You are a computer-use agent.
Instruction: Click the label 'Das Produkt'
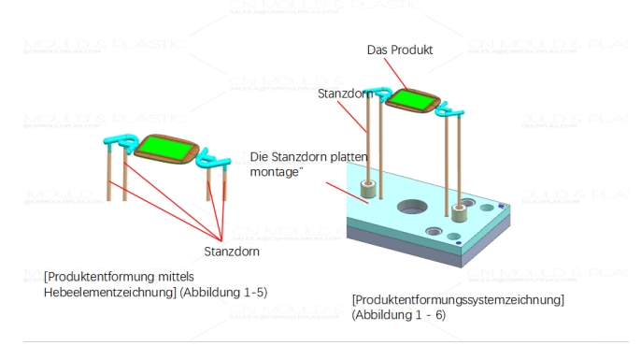[399, 49]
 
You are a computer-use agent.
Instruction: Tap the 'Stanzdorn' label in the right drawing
[343, 94]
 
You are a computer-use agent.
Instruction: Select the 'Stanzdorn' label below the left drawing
[230, 252]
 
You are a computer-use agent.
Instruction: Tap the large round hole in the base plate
[409, 207]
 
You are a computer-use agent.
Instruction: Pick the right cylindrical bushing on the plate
[459, 209]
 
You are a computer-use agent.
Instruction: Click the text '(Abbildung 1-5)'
[224, 293]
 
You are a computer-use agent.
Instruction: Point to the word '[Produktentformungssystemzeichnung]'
[458, 300]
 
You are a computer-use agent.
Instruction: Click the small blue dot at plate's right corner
[504, 207]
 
